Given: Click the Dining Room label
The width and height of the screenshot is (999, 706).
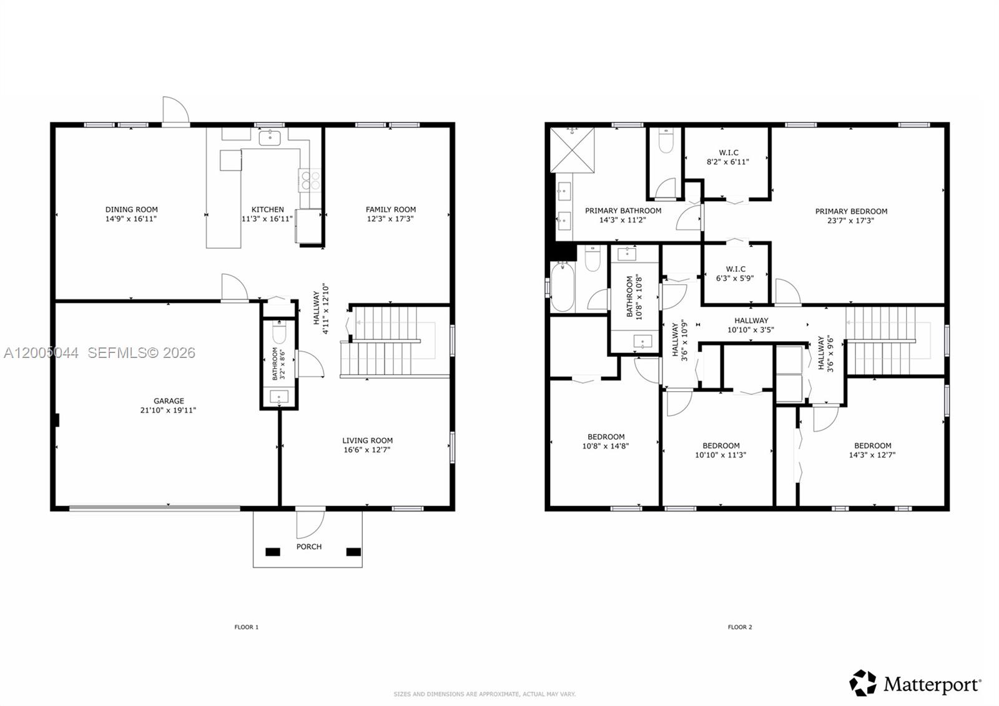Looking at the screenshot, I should point(131,210).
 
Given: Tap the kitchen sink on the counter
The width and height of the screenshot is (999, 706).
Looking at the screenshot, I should point(270,137).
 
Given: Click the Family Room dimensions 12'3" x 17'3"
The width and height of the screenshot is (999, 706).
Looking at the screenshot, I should point(390,219).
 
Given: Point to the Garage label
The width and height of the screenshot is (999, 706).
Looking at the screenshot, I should point(169,401).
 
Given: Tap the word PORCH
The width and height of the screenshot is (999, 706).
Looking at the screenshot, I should point(308,547).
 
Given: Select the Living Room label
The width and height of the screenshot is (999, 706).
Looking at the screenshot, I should point(367,440).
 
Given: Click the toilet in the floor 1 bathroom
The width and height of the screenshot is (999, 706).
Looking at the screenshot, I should point(278,333).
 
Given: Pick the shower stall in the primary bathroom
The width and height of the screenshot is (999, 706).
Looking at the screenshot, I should point(573,149).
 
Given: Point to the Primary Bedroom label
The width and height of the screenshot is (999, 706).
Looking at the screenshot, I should point(851,211).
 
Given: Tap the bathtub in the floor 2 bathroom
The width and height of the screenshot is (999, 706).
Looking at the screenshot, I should point(562,286).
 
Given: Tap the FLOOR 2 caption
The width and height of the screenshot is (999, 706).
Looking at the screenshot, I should point(739,627).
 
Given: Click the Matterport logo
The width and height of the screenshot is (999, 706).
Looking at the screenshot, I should point(915,684).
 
